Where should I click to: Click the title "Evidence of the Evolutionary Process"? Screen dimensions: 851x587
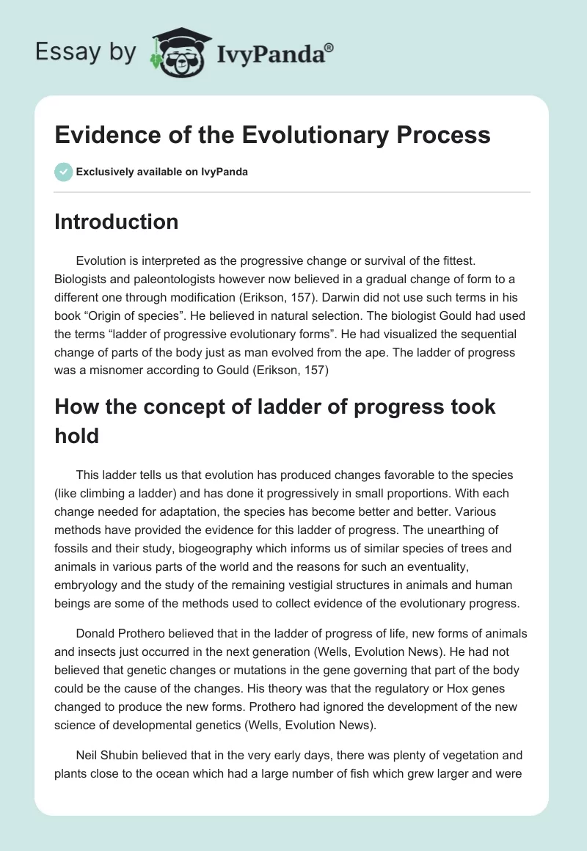coord(271,135)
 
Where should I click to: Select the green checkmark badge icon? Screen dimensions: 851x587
coord(63,172)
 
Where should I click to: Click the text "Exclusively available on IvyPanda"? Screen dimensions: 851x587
coord(161,172)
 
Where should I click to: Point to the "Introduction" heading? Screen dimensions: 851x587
coord(116,222)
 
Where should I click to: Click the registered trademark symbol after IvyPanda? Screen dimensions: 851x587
coord(330,47)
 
